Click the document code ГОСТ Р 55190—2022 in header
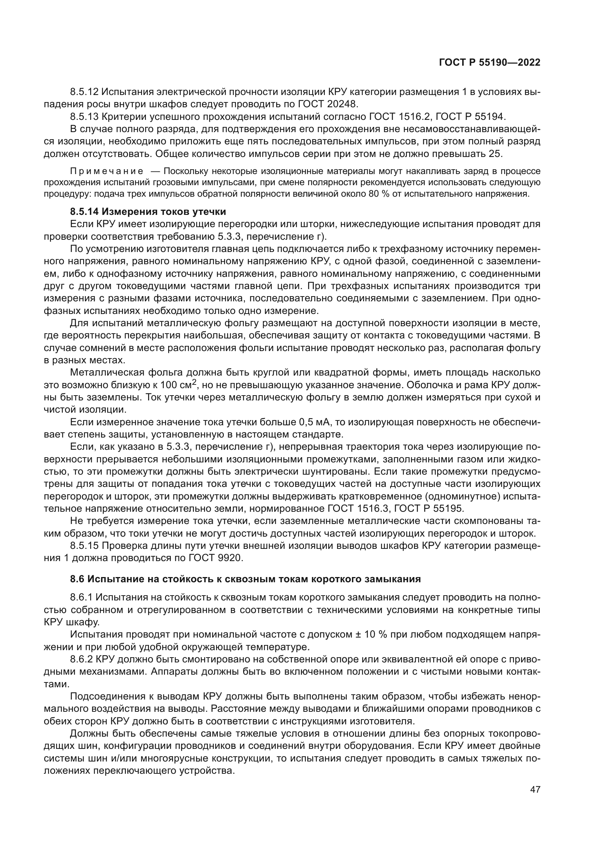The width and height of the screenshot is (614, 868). pos(490,63)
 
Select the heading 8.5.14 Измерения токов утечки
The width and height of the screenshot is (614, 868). pos(148,211)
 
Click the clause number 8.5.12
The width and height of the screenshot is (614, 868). pos(84,92)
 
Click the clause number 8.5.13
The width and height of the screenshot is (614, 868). pos(84,117)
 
